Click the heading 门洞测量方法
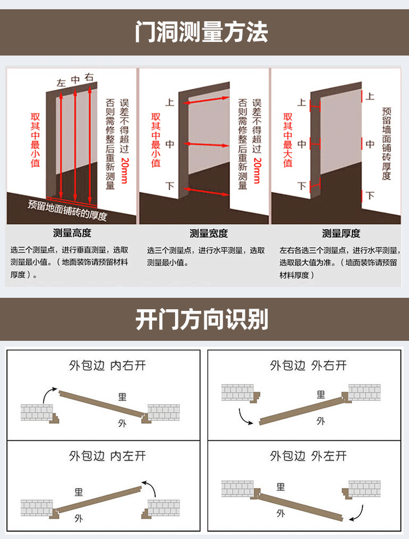coord(201,32)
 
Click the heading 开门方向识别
coord(202,320)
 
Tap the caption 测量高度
coord(72,233)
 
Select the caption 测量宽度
coord(209,234)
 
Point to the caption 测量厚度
coord(341,234)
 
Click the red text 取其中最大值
coord(288,140)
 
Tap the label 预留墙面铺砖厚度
coord(387,144)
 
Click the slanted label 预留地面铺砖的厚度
coord(68,210)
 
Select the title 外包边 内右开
coord(107,365)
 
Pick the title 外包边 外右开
coord(308,365)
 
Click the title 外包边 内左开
coord(107,456)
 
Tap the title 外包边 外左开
coord(308,456)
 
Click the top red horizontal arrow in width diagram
coord(206,100)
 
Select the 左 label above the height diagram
coord(61,83)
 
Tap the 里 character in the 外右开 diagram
coord(321,395)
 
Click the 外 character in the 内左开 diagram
coord(79,518)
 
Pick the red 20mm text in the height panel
coord(124,170)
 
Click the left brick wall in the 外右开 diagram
coord(238,392)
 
